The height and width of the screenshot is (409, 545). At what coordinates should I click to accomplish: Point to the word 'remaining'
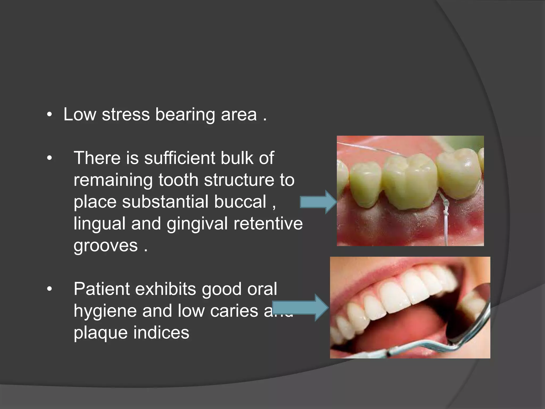coord(113,180)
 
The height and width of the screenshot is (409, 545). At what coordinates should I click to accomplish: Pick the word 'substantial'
coord(166,202)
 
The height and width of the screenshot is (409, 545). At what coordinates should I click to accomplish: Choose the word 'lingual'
coord(99,224)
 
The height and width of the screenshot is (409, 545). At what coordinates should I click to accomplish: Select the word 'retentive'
coord(268,223)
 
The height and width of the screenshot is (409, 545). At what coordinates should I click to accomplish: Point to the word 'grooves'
coord(106,246)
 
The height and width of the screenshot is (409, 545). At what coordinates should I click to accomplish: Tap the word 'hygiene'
coord(105,311)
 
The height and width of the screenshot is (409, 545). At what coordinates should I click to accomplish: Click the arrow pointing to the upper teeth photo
coord(318,202)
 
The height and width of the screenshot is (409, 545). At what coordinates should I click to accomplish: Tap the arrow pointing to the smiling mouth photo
coord(301,308)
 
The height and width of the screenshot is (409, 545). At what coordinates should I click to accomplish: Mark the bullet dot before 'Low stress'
coord(49,115)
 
